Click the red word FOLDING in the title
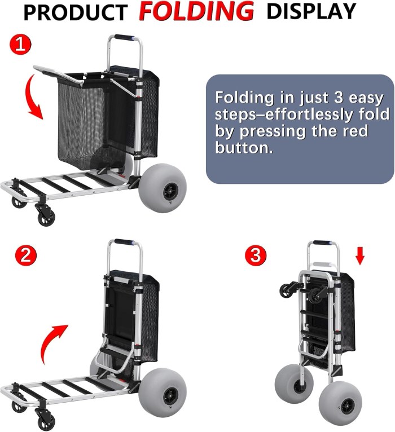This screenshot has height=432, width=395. (196, 11)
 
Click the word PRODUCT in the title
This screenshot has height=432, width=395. (76, 12)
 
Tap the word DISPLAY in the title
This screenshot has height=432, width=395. (311, 11)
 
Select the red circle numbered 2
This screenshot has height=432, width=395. (25, 255)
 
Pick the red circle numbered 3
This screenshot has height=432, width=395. (256, 255)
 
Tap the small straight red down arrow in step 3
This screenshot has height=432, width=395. (359, 256)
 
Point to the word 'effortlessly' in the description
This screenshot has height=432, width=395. (310, 114)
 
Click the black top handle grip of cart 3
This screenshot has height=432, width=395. (322, 243)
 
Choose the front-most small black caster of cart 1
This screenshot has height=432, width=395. (46, 216)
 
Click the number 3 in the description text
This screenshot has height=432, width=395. (338, 98)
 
